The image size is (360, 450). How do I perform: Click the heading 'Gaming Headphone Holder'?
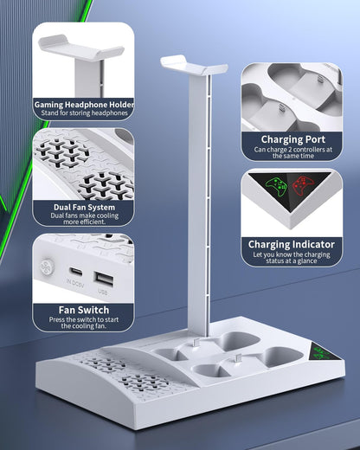click(84, 104)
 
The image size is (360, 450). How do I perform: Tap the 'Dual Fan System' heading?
click(84, 207)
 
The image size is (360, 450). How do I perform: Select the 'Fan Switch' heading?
click(84, 310)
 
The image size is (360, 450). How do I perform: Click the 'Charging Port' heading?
click(293, 139)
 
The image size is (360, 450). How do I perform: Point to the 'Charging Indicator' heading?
click(292, 244)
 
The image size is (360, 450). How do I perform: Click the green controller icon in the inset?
click(276, 187)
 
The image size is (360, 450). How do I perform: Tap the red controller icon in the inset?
click(303, 186)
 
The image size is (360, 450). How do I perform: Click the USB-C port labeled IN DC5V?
click(76, 272)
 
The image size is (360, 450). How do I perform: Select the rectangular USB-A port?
click(104, 279)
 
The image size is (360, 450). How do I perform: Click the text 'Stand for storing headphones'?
click(84, 112)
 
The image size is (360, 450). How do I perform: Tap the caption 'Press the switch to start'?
click(84, 319)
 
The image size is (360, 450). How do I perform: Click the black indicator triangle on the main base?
click(322, 351)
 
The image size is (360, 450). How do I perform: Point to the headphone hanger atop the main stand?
click(194, 66)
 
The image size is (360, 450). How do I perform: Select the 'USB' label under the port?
click(103, 292)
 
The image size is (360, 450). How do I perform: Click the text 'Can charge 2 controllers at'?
click(293, 150)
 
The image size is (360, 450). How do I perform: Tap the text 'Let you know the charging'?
click(292, 254)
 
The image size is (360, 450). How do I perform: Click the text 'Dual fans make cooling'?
click(84, 215)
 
